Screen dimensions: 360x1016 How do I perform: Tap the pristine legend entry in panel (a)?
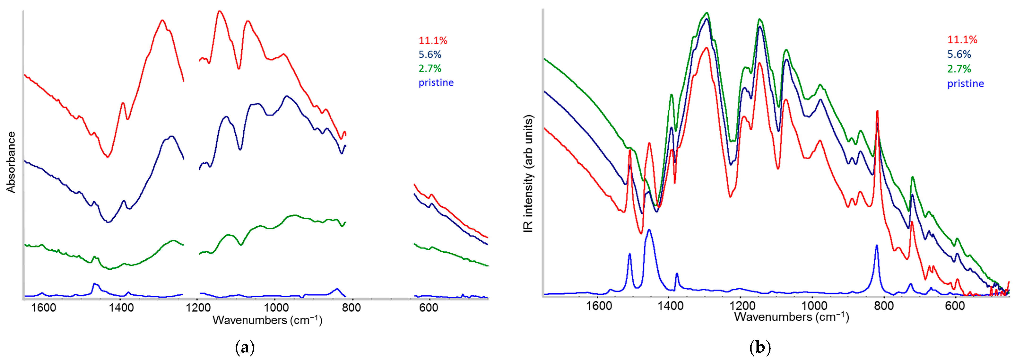436,83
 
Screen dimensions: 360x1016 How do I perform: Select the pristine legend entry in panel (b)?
965,84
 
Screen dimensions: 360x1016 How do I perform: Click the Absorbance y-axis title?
11,162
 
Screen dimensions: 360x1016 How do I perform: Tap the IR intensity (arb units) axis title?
528,173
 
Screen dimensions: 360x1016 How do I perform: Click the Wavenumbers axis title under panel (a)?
267,320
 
